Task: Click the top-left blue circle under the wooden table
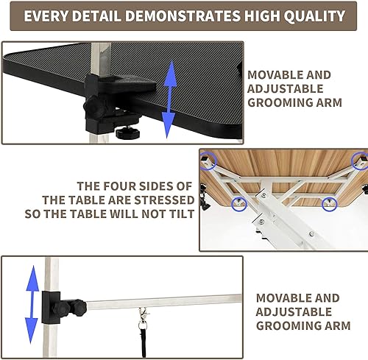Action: (210, 158)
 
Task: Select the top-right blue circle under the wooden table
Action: (360, 159)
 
